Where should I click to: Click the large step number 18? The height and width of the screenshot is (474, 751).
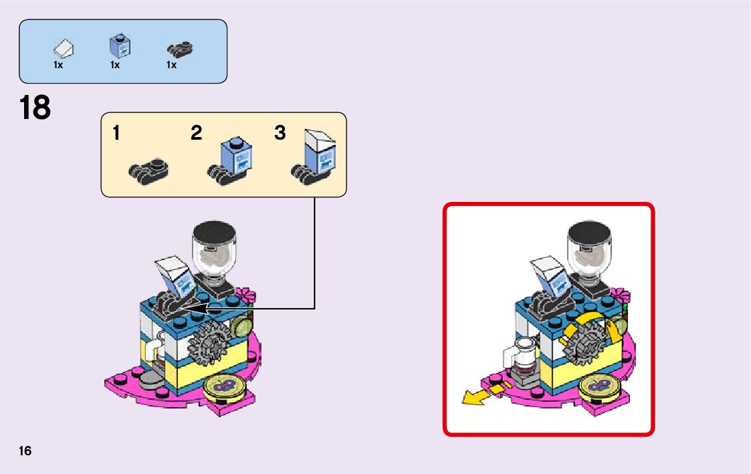click(x=35, y=108)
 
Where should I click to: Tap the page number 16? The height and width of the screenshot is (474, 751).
click(x=25, y=451)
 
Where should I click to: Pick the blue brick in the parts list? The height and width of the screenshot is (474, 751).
click(x=119, y=46)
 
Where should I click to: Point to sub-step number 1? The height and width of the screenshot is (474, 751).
click(x=116, y=133)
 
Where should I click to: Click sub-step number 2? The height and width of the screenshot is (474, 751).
click(x=196, y=133)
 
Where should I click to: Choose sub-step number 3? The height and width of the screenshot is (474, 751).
click(x=280, y=133)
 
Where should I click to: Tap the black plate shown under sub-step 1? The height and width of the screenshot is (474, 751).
click(x=148, y=170)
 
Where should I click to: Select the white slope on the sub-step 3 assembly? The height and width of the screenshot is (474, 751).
click(x=320, y=141)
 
